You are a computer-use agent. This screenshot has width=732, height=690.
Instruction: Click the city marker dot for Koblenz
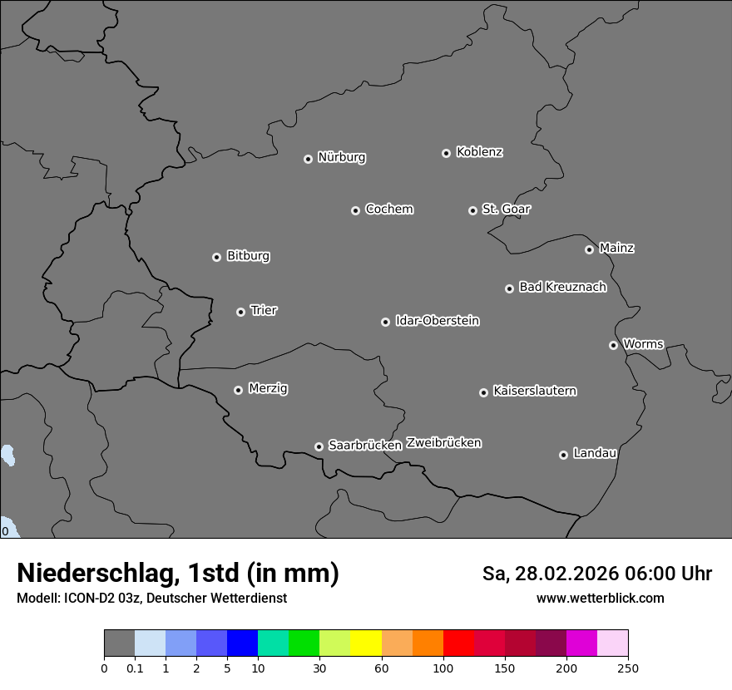(446, 153)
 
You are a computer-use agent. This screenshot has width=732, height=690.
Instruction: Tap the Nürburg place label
(341, 157)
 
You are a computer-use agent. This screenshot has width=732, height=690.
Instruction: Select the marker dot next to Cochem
(355, 210)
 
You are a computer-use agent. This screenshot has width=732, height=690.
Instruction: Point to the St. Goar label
(506, 209)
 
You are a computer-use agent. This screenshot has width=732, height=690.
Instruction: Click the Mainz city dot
(589, 249)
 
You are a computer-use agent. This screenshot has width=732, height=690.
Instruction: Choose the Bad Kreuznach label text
(562, 287)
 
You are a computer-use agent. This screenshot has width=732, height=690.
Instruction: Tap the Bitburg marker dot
(216, 257)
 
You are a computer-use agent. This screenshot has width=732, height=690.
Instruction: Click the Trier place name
(264, 310)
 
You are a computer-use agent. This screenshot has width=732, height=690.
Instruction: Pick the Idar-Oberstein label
(437, 320)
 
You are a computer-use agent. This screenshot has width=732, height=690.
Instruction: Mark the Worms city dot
(613, 345)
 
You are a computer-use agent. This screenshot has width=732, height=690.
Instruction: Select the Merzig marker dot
(238, 390)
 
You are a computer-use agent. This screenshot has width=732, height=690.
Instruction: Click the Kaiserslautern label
(534, 391)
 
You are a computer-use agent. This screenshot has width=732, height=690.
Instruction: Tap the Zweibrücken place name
(443, 442)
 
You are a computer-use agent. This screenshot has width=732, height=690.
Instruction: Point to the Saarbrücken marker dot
(319, 446)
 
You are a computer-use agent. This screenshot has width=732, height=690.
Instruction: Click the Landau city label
(595, 453)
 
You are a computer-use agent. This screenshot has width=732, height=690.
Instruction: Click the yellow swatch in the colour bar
(366, 643)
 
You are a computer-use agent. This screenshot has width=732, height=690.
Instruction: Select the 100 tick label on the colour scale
(443, 668)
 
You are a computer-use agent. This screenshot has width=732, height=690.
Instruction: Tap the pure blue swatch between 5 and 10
(242, 643)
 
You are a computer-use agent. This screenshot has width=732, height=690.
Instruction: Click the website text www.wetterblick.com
(600, 598)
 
